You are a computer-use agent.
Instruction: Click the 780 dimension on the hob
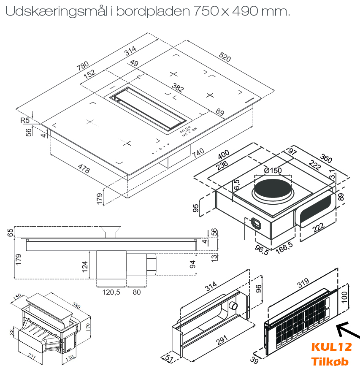pyautogui.click(x=83, y=66)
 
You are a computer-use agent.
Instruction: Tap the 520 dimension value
pyautogui.click(x=225, y=57)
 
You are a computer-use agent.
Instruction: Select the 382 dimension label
pyautogui.click(x=178, y=87)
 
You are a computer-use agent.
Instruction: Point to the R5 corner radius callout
pyautogui.click(x=25, y=120)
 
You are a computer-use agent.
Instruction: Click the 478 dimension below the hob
pyautogui.click(x=84, y=168)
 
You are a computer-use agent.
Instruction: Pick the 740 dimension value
pyautogui.click(x=198, y=153)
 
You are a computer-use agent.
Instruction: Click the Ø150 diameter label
pyautogui.click(x=273, y=171)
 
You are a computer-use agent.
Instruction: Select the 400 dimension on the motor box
pyautogui.click(x=224, y=154)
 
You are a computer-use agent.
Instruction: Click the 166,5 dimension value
pyautogui.click(x=284, y=248)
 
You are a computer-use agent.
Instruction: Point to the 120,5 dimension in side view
pyautogui.click(x=111, y=292)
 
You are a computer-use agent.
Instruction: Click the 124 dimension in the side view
pyautogui.click(x=85, y=267)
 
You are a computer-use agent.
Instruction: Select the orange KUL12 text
pyautogui.click(x=332, y=347)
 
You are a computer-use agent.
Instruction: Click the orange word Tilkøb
pyautogui.click(x=330, y=362)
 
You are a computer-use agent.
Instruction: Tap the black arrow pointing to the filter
pyautogui.click(x=348, y=330)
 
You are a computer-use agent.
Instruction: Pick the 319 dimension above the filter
pyautogui.click(x=303, y=282)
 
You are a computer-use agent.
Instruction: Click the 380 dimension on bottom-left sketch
pyautogui.click(x=76, y=305)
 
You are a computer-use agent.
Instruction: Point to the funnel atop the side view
pyautogui.click(x=111, y=231)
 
